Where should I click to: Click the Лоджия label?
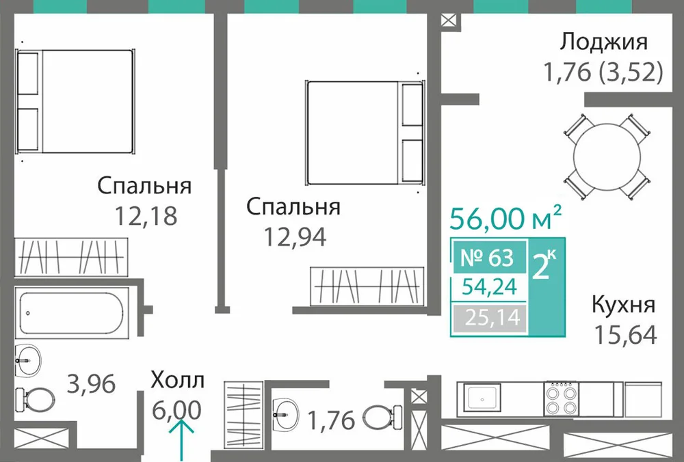pyautogui.click(x=603, y=43)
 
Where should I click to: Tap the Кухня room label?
pyautogui.click(x=623, y=305)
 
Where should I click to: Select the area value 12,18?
pyautogui.click(x=146, y=215)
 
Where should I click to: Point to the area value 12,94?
pyautogui.click(x=295, y=237)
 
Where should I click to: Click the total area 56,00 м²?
pyautogui.click(x=505, y=218)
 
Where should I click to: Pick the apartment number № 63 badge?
pyautogui.click(x=488, y=258)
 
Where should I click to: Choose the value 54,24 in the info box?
pyautogui.click(x=490, y=287)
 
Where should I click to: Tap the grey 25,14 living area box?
pyautogui.click(x=490, y=318)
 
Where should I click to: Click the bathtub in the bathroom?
pyautogui.click(x=73, y=312)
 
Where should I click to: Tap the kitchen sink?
pyautogui.click(x=482, y=398)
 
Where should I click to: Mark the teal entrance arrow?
pyautogui.click(x=181, y=439)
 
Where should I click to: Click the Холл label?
pyautogui.click(x=177, y=380)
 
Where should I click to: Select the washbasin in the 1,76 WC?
pyautogui.click(x=286, y=411)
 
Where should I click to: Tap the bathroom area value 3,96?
pyautogui.click(x=91, y=384)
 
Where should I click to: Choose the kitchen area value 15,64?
pyautogui.click(x=625, y=335)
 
